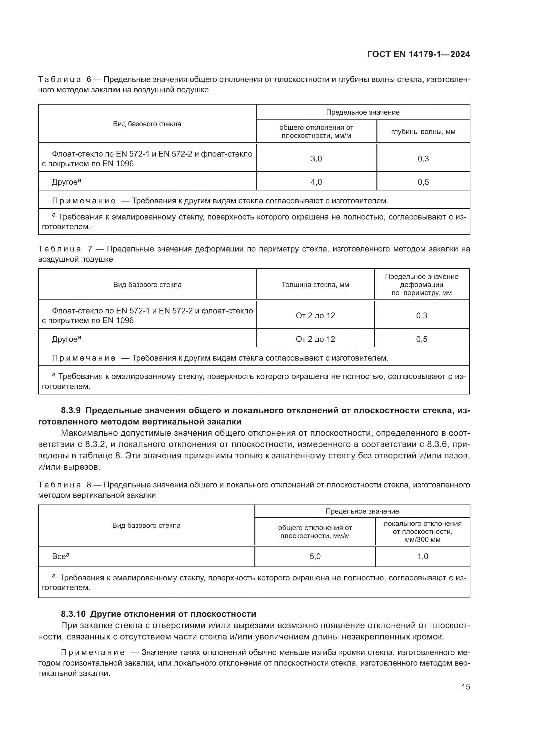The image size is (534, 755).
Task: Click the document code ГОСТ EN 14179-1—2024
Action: coord(418,54)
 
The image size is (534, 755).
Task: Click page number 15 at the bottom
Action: coord(466,687)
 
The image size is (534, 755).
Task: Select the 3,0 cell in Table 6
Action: coord(316,159)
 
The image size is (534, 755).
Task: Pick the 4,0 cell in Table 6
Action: coord(316,182)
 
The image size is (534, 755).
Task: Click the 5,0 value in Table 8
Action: coord(315,556)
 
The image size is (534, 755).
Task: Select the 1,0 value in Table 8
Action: coord(423,556)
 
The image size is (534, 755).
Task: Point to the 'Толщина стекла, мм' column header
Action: coord(315,285)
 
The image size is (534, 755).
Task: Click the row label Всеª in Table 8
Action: coord(60,556)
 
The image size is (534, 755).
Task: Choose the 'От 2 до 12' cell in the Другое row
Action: coord(315,339)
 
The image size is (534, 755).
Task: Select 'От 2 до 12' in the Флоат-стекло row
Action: coord(315,316)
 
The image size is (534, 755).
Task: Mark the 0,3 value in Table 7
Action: coord(422,316)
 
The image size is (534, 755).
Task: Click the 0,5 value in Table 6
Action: coord(423,182)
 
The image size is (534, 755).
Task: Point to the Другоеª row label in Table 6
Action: coord(66,182)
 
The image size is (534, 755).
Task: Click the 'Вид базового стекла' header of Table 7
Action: coord(147,285)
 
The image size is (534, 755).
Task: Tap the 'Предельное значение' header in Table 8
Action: coord(362,511)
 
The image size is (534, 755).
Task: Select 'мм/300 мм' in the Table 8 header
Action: coord(423,540)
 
